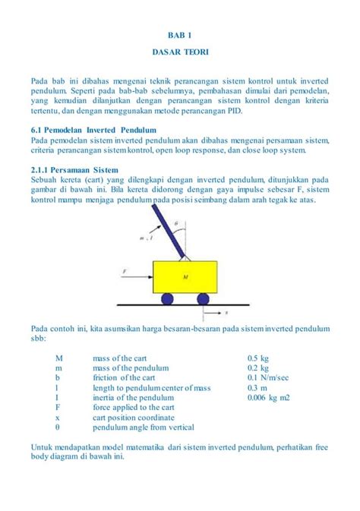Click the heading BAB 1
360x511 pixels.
tap(180, 36)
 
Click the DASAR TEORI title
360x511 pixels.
tap(180, 55)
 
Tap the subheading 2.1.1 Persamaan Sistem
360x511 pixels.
tap(74, 170)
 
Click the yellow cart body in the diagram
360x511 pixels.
tap(185, 279)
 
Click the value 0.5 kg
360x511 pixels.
tap(258, 358)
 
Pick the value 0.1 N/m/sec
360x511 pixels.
tap(268, 377)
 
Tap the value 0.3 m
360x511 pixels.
tap(257, 387)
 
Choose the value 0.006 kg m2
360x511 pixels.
tap(269, 397)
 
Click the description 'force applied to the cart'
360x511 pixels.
tap(133, 407)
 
